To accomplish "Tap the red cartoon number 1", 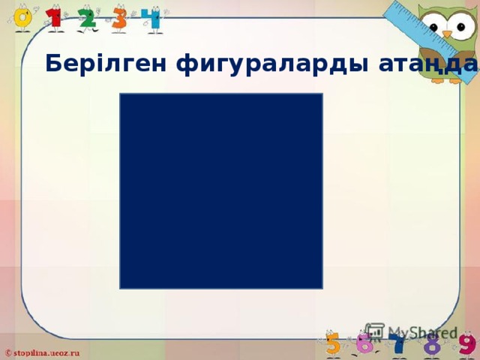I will [55, 18].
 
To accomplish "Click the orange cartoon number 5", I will [333, 346].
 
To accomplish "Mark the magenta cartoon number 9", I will [466, 346].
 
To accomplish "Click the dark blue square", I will [220, 190].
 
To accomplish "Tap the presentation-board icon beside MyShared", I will [374, 331].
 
